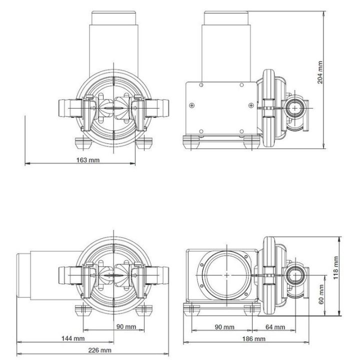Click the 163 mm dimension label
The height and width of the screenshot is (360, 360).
coord(86,159)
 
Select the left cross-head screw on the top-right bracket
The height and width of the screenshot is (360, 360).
coord(192,105)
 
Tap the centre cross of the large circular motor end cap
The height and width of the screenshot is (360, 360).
coord(227,275)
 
